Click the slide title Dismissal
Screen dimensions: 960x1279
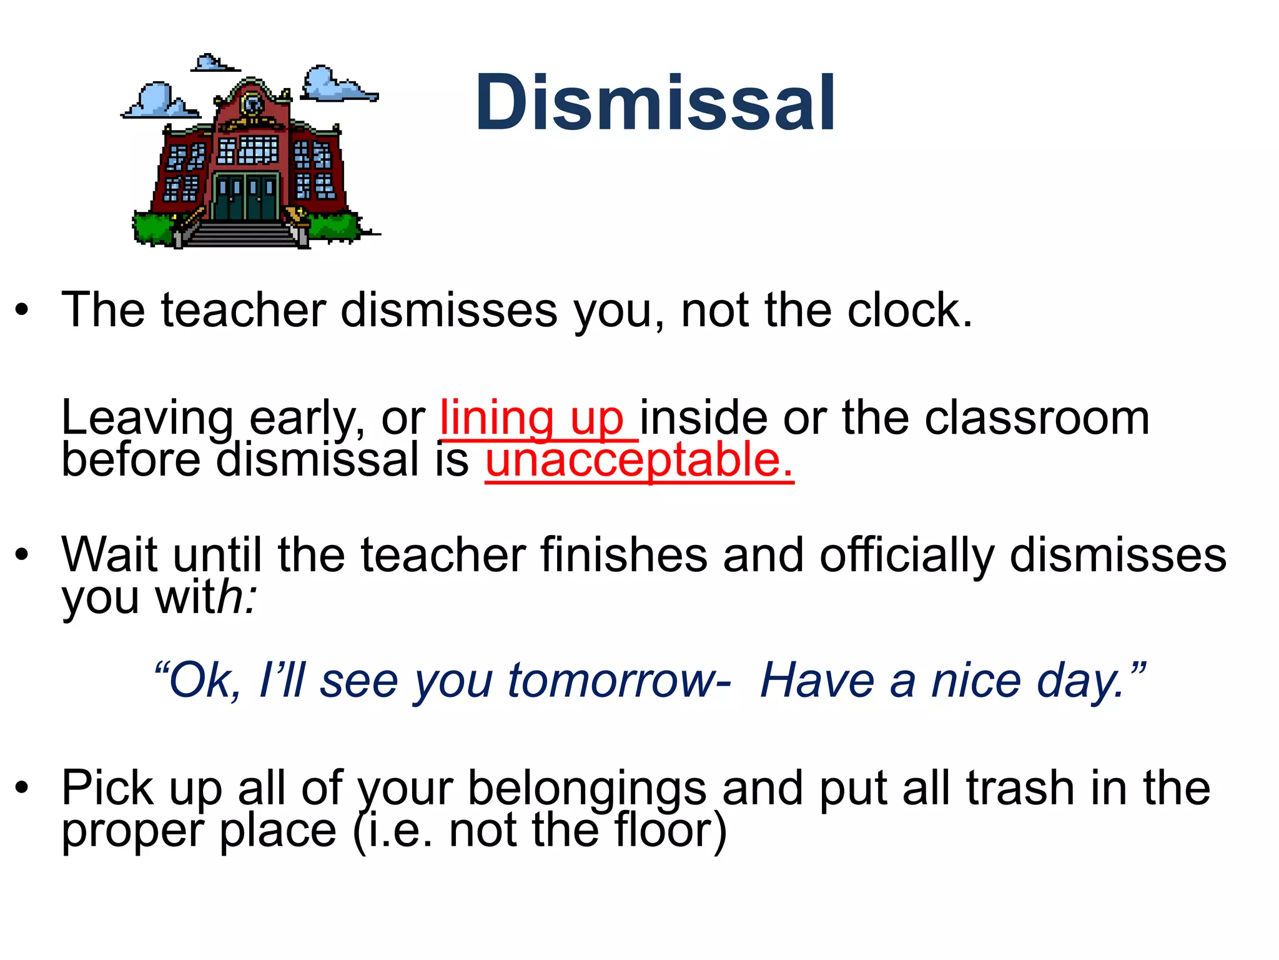(655, 103)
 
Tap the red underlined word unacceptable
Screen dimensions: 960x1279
(639, 460)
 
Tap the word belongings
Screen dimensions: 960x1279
(587, 789)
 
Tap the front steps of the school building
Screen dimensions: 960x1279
(240, 234)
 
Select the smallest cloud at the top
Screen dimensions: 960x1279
(212, 63)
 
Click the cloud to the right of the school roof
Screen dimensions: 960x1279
(334, 84)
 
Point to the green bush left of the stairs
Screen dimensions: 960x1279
(153, 228)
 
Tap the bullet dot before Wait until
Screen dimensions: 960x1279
(22, 554)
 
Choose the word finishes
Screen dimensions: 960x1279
(624, 555)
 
